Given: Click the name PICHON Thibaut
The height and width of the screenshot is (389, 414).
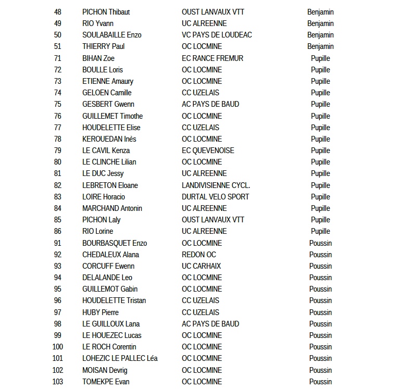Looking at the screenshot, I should [x=106, y=12].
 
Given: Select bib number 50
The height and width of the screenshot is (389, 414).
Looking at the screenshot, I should [x=57, y=35].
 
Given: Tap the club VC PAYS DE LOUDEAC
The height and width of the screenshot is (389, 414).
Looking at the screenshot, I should [x=217, y=35].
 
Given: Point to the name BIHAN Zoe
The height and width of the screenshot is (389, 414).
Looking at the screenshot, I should [x=98, y=58].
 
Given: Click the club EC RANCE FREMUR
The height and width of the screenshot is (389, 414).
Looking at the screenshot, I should [x=212, y=58].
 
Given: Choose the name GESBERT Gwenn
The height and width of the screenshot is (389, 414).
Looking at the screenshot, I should [x=108, y=104].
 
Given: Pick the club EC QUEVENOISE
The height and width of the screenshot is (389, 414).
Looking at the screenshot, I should [x=208, y=150].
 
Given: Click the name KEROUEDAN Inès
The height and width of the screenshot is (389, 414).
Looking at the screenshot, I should [x=109, y=139].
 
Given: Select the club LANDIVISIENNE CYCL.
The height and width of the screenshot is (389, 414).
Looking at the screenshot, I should [x=216, y=185].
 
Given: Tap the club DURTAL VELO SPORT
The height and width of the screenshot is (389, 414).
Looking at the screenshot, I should [x=216, y=197].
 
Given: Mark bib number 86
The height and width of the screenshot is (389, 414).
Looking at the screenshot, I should [x=57, y=231].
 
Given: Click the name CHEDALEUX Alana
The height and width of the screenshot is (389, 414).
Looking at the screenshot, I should [x=110, y=255].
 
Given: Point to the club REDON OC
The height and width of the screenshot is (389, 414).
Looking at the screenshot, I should [x=199, y=255].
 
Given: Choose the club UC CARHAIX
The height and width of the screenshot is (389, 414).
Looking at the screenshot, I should [x=202, y=266].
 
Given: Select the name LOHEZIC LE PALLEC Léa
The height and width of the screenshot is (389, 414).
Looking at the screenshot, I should [x=120, y=358].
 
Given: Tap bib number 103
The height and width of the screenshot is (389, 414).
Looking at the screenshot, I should [x=58, y=382].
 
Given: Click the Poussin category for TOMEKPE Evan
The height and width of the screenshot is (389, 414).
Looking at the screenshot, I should [x=320, y=382].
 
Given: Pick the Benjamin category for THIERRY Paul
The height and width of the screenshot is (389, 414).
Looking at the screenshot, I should [x=320, y=46].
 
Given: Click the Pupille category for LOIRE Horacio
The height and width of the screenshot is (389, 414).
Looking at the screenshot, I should [x=320, y=197].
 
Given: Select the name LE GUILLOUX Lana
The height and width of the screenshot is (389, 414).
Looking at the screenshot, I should [x=111, y=324].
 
